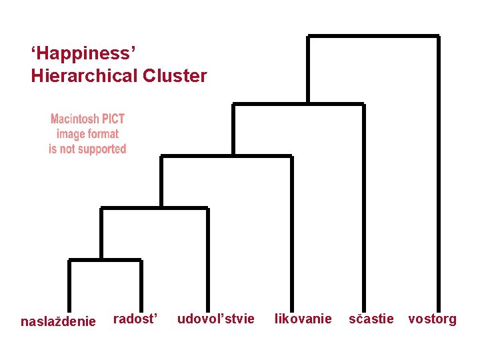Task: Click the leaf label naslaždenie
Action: pyautogui.click(x=58, y=321)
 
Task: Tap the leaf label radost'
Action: pyautogui.click(x=136, y=319)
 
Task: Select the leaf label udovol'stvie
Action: pyautogui.click(x=215, y=319)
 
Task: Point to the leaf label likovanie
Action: pyautogui.click(x=303, y=319)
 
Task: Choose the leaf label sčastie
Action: pyautogui.click(x=371, y=319)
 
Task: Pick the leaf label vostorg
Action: pyautogui.click(x=432, y=319)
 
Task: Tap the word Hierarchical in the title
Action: pyautogui.click(x=84, y=76)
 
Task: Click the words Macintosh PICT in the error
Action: pyautogui.click(x=87, y=119)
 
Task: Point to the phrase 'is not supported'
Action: pyautogui.click(x=87, y=149)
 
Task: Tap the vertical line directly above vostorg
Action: pyautogui.click(x=438, y=173)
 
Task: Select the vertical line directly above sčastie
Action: pyautogui.click(x=363, y=207)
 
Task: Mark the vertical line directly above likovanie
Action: pyautogui.click(x=291, y=233)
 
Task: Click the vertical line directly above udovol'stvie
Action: pyautogui.click(x=208, y=260)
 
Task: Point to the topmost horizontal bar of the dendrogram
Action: pyautogui.click(x=373, y=36)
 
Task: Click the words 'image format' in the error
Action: pyautogui.click(x=87, y=134)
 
